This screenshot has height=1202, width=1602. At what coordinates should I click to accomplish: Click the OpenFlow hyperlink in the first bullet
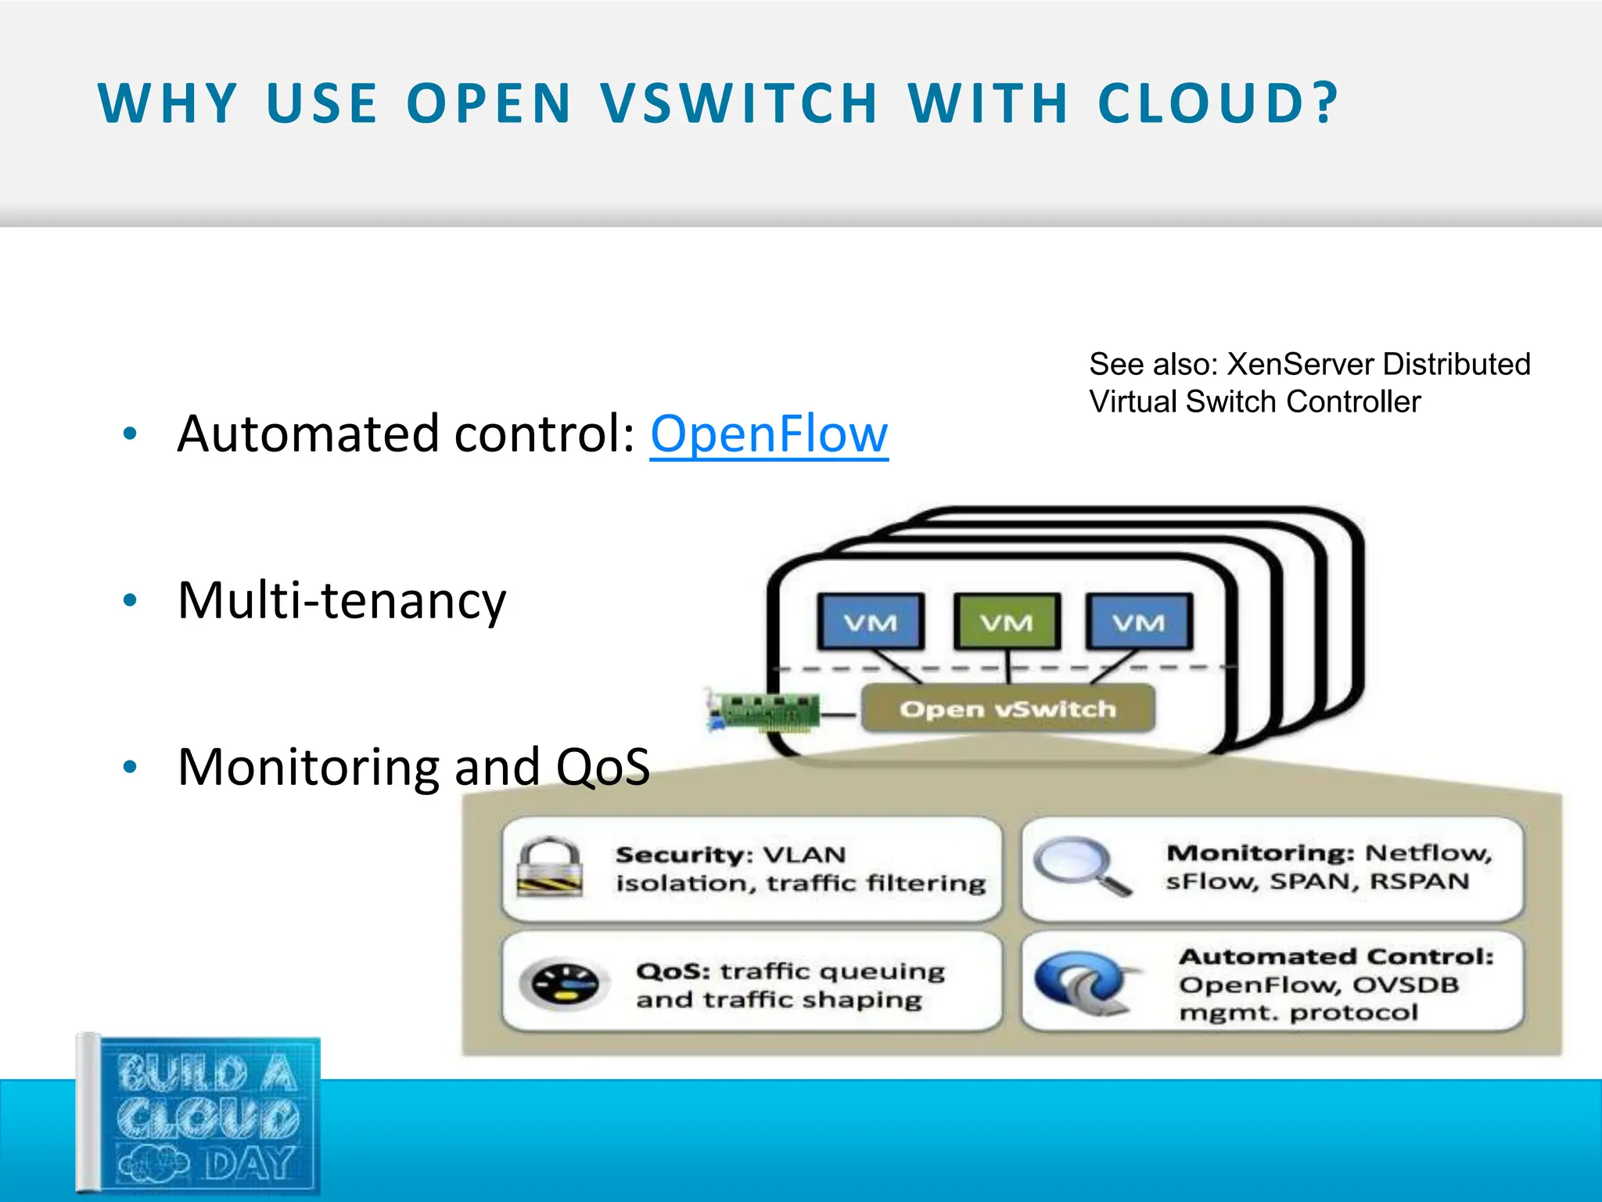pos(769,434)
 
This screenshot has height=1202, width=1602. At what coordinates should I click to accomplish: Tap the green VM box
pos(1008,621)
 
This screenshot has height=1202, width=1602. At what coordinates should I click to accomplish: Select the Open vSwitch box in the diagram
pos(1008,709)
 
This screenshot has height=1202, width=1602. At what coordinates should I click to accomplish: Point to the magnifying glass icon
pos(1079,865)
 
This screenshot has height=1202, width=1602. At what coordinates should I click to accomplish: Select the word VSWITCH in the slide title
pos(739,103)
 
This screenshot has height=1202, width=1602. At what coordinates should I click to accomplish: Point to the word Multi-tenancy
pos(342,601)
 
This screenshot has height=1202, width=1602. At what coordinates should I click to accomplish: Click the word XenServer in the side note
pos(1300,365)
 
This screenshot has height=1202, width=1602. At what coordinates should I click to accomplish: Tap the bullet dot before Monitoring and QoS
pos(131,768)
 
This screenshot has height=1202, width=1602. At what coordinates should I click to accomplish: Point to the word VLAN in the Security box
pos(804,855)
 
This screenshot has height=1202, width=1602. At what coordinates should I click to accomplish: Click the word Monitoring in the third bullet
pos(309,768)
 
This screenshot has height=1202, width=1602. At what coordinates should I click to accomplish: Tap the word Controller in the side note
pos(1352,402)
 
